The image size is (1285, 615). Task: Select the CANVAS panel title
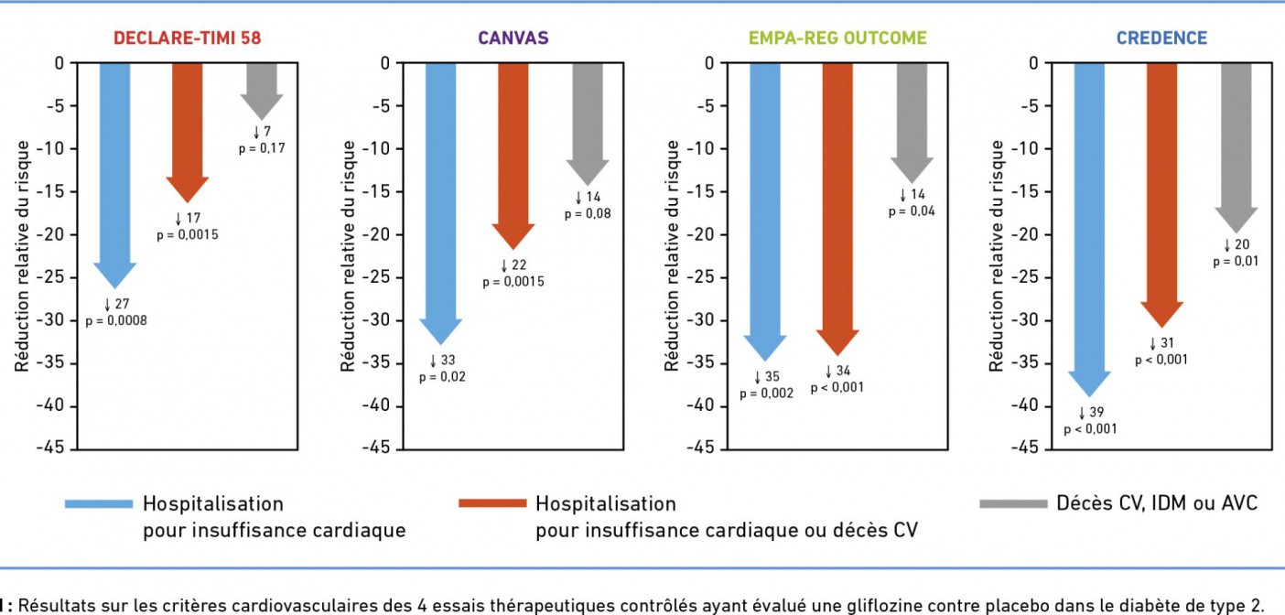513,38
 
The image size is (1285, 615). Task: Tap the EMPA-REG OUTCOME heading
837,38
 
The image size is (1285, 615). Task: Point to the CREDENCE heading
1161,38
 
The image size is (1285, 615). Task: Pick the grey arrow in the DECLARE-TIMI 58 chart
262,87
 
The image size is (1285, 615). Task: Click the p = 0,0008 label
116,320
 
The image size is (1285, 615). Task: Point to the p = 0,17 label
263,147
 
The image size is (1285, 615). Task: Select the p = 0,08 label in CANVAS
588,213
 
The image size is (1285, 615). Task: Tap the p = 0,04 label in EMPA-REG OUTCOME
912,211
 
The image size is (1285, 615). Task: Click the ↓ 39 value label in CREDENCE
1090,413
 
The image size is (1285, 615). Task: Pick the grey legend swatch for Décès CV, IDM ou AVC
1012,503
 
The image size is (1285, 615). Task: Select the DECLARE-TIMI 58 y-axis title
21,256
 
